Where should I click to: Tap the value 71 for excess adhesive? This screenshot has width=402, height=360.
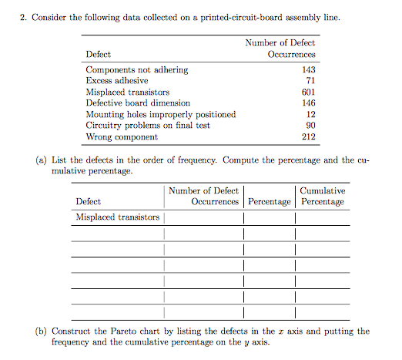[310, 81]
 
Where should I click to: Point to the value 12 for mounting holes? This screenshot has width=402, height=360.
[310, 114]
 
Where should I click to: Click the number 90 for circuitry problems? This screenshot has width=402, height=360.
[310, 125]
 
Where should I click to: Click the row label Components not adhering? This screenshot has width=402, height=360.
[136, 70]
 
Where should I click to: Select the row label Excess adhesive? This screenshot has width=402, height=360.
[117, 81]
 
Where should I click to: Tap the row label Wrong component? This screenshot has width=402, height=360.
[122, 136]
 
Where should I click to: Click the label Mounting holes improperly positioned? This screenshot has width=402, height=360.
[160, 114]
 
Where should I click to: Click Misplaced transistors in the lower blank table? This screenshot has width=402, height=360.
[117, 217]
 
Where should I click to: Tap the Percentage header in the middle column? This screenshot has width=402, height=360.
[269, 202]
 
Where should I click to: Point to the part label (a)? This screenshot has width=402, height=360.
[41, 160]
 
